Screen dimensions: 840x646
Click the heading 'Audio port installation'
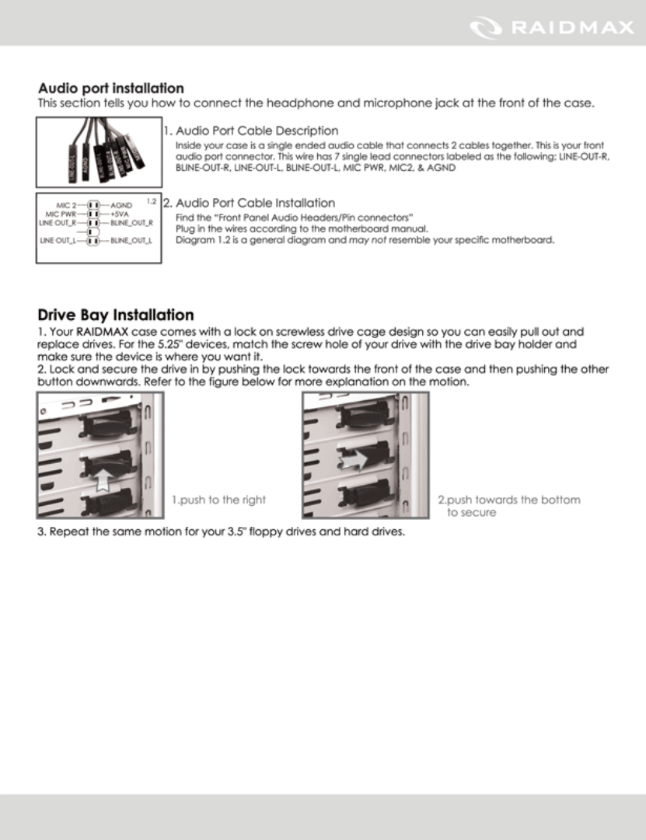tap(110, 89)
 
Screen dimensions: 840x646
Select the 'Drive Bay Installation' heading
tap(116, 315)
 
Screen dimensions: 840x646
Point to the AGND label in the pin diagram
tap(121, 205)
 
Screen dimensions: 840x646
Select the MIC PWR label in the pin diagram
tap(61, 214)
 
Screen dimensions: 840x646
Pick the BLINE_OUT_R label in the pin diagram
tap(131, 222)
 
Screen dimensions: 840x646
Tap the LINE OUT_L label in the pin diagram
tap(58, 241)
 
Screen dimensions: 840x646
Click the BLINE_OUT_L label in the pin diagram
tap(131, 241)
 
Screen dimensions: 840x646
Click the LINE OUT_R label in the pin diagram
tap(58, 222)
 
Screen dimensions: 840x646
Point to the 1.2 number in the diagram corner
tap(152, 202)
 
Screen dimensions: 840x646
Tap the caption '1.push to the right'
tap(218, 500)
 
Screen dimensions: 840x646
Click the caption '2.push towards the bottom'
tap(508, 500)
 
